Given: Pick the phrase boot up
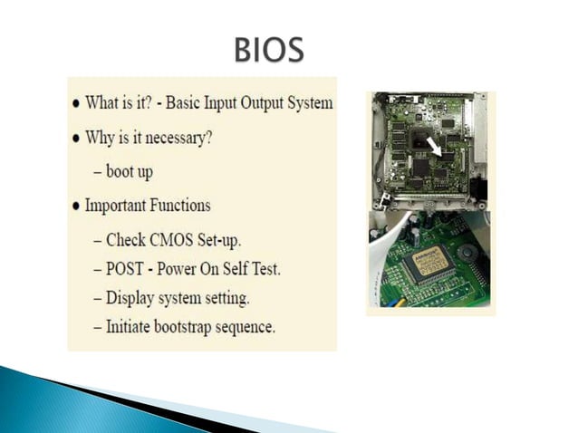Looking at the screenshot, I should pyautogui.click(x=130, y=169).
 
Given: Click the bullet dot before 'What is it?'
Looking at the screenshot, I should pyautogui.click(x=76, y=102).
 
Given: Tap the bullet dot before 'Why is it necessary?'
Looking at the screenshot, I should pyautogui.click(x=76, y=140).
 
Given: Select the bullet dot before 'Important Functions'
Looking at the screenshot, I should pyautogui.click(x=76, y=206).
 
